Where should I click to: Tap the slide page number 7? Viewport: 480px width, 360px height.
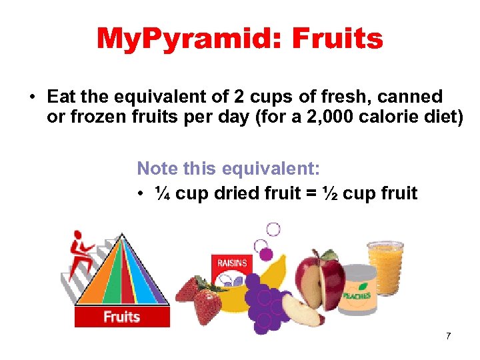point(449,336)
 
